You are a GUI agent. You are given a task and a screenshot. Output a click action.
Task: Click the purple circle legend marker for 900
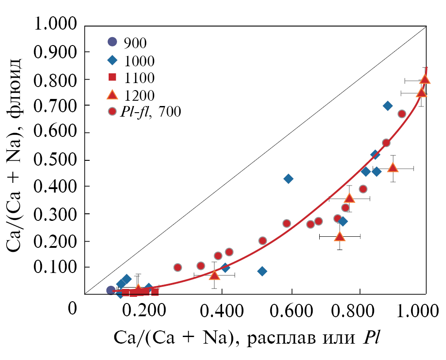(x=113, y=42)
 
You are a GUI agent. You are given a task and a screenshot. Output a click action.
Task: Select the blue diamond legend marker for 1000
(x=113, y=60)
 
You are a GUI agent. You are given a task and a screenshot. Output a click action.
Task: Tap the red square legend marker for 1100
(x=113, y=78)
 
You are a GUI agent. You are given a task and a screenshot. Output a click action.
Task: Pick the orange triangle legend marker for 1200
(x=113, y=95)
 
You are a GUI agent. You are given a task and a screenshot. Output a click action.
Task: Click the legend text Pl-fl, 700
(x=151, y=112)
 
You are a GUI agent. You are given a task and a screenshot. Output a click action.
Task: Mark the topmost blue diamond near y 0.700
(x=388, y=106)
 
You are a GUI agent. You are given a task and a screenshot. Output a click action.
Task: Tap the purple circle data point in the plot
(x=111, y=290)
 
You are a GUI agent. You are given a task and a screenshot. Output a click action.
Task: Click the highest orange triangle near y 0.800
(x=425, y=80)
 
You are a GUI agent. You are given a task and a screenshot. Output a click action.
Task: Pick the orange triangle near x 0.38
(x=214, y=275)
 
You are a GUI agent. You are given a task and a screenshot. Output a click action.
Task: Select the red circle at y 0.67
(x=402, y=114)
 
